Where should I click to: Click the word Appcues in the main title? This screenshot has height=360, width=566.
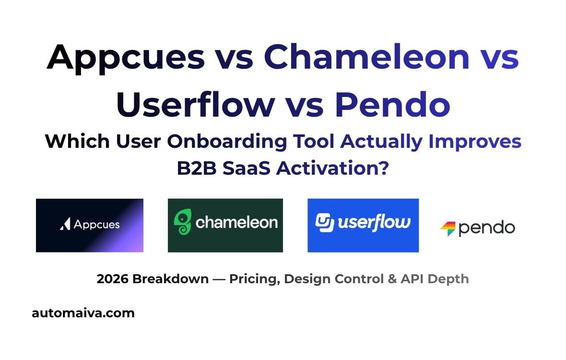pyautogui.click(x=126, y=57)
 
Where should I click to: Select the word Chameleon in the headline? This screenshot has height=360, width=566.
pyautogui.click(x=366, y=57)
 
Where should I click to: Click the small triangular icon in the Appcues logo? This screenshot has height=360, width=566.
pyautogui.click(x=65, y=224)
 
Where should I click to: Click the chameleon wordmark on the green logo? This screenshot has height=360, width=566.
pyautogui.click(x=236, y=222)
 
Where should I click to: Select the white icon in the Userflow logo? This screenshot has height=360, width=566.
pyautogui.click(x=324, y=222)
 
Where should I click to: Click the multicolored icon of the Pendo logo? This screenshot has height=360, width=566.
pyautogui.click(x=448, y=228)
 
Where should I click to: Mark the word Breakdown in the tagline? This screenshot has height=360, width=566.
pyautogui.click(x=170, y=279)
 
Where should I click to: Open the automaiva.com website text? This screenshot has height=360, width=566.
pyautogui.click(x=83, y=313)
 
